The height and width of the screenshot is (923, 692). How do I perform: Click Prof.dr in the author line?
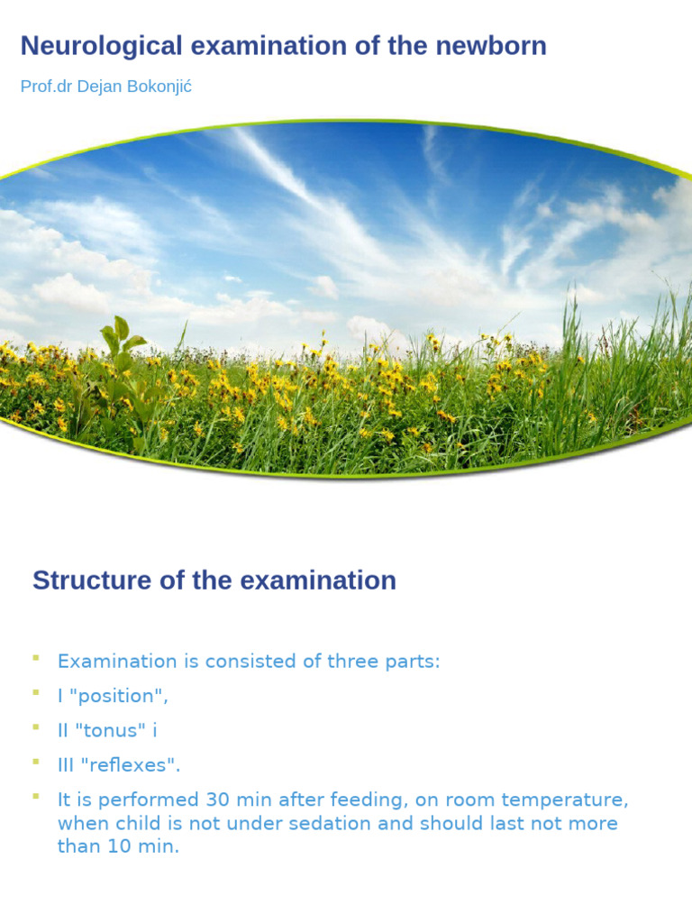tap(42, 87)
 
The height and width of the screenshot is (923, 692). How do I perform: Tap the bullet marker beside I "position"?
tap(36, 691)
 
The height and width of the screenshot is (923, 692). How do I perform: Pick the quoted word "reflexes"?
tap(131, 765)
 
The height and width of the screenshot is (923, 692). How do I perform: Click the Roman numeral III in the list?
tap(67, 765)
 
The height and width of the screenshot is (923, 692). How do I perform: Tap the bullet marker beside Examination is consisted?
tap(36, 657)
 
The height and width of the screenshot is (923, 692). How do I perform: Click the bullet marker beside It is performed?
tap(36, 796)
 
